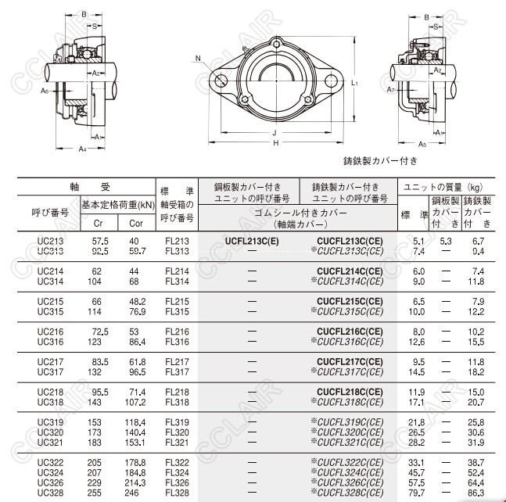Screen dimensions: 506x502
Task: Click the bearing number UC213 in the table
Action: click(50, 241)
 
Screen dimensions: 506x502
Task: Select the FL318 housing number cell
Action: click(177, 403)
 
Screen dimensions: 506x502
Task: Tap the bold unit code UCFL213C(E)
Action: click(252, 241)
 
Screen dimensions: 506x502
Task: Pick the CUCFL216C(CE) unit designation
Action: click(350, 332)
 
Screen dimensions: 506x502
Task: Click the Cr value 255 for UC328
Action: click(94, 493)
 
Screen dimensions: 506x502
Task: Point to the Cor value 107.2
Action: click(135, 403)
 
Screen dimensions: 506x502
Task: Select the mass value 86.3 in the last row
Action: click(476, 493)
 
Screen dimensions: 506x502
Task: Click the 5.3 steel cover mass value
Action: click(446, 241)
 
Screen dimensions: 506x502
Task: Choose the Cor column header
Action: click(136, 224)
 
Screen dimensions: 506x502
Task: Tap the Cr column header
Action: click(98, 224)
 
